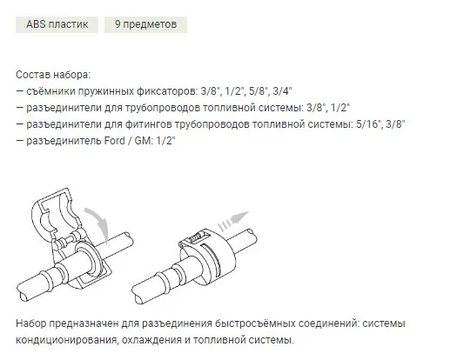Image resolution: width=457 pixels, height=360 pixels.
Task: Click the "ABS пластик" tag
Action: pyautogui.click(x=57, y=24)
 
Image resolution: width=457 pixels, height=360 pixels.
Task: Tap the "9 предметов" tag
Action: pyautogui.click(x=145, y=24)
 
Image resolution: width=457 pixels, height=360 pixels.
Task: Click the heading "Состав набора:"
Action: pyautogui.click(x=53, y=75)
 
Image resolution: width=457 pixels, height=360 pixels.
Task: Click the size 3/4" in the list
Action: pyautogui.click(x=282, y=91)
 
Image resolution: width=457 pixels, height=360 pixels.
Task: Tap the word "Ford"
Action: pyautogui.click(x=115, y=141)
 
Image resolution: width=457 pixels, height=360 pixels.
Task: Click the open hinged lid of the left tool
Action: pyautogui.click(x=57, y=213)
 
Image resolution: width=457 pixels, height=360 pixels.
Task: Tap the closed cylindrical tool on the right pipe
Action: pyautogui.click(x=207, y=256)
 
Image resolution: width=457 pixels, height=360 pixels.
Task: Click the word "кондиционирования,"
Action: pyautogui.click(x=67, y=340)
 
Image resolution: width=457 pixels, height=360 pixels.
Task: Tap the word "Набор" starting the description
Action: pyautogui.click(x=30, y=323)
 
